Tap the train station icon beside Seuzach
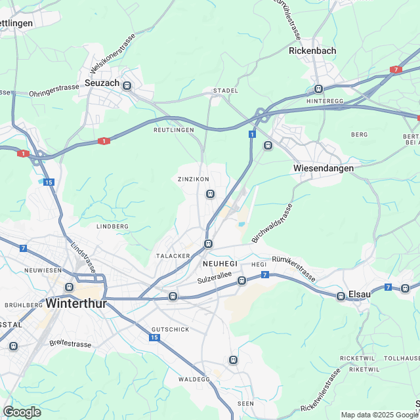coord(127,85)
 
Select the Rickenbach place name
coord(312,51)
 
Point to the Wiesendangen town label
coord(323,168)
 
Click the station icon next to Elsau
coord(341,296)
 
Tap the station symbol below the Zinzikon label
coord(210,194)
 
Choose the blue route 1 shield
coord(251,134)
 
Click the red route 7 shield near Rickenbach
coord(395,69)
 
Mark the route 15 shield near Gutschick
coord(154,337)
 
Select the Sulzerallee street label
coord(215,280)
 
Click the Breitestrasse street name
coord(71,343)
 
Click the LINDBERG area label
coord(112,226)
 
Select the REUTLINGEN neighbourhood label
coord(173,130)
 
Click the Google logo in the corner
coord(22,411)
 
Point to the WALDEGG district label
coord(194,379)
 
